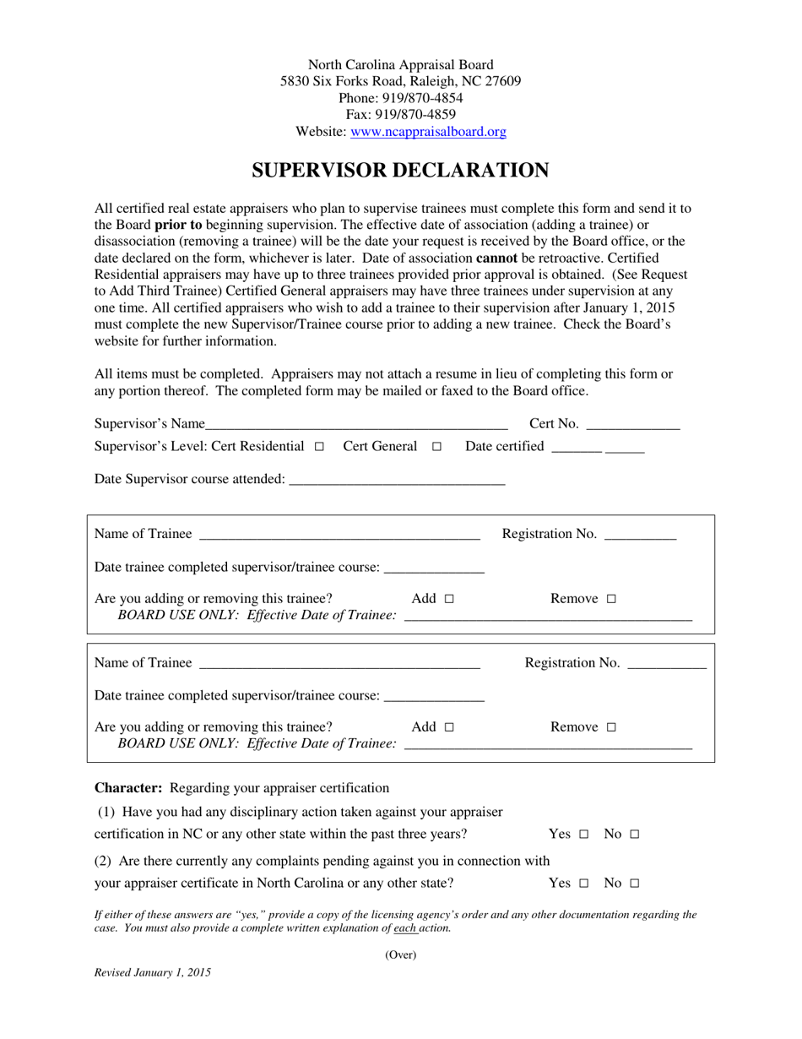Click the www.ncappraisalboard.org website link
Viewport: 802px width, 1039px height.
tap(428, 132)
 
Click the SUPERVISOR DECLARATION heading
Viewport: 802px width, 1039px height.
tap(400, 171)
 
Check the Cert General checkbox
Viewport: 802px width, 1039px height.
tap(436, 447)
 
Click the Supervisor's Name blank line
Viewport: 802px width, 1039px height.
tap(355, 425)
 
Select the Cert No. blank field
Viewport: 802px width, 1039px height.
tap(632, 425)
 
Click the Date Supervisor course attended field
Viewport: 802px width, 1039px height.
tap(396, 480)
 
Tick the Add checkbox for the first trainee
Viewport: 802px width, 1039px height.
tap(448, 599)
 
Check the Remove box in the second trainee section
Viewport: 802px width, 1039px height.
tap(611, 727)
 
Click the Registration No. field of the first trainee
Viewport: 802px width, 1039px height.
tap(641, 535)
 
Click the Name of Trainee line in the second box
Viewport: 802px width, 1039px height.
tap(339, 664)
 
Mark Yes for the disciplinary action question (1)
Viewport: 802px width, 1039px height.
tap(583, 835)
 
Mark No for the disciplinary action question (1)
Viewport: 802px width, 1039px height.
tap(634, 835)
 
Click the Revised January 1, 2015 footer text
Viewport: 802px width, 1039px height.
tap(153, 972)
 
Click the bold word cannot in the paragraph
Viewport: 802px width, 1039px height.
tap(496, 258)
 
